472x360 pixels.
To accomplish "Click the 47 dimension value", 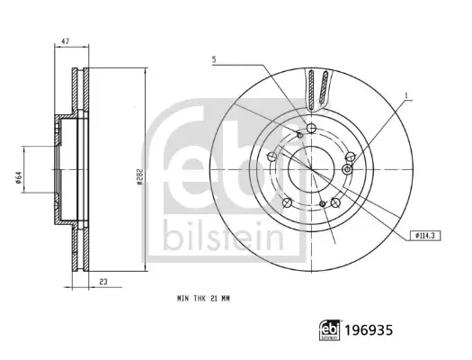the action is (66, 41).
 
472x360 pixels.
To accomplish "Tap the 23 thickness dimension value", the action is (103, 282).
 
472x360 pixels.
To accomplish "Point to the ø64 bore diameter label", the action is (18, 177).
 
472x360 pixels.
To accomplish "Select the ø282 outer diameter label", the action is (139, 176).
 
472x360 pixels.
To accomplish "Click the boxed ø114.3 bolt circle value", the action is (425, 236).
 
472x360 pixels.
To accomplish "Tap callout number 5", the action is (214, 59).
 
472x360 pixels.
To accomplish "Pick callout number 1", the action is (406, 96).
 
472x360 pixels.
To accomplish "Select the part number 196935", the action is (369, 330).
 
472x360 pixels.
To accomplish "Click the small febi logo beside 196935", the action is (330, 330).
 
